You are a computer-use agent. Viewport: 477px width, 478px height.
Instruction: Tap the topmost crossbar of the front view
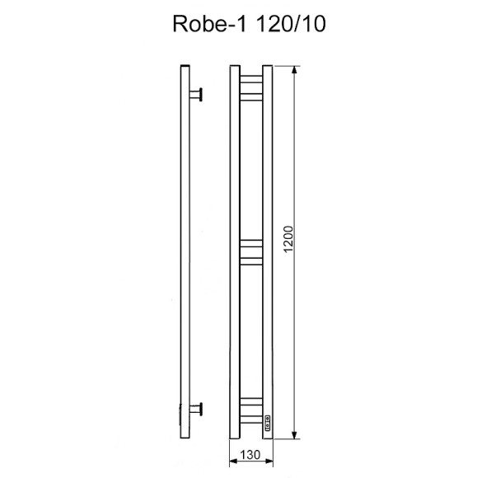tap(250, 79)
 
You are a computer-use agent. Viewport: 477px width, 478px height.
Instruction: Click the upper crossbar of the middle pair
tap(250, 243)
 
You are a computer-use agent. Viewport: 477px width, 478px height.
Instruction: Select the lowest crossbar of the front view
tap(250, 415)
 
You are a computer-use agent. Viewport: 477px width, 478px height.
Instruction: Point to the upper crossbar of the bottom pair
tap(250, 401)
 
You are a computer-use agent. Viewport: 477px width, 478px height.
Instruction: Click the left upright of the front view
tap(232, 247)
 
